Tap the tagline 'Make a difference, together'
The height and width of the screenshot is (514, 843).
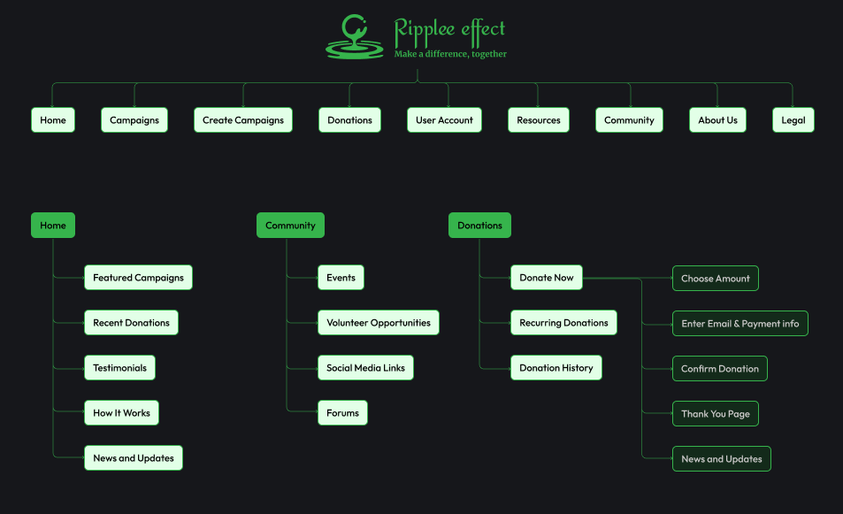tap(450, 54)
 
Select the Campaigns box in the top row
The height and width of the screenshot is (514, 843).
tap(134, 120)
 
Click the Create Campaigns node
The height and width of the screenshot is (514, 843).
tap(243, 120)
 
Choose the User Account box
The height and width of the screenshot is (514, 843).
tap(444, 120)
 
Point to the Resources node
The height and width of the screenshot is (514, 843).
tap(538, 120)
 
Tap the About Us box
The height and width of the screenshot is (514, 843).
tap(717, 120)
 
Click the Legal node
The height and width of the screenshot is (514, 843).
tap(793, 120)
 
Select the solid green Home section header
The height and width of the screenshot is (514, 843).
tap(53, 226)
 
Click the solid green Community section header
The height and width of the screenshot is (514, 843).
tap(290, 226)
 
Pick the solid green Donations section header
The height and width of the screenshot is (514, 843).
tap(479, 226)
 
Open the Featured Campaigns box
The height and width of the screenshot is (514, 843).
tap(138, 278)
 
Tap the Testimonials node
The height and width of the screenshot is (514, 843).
tap(120, 368)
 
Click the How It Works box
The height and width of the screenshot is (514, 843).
tap(121, 413)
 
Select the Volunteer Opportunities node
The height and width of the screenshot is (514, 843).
tap(379, 323)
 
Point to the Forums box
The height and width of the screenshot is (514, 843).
tap(342, 413)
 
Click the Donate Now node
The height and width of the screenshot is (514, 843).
tap(547, 278)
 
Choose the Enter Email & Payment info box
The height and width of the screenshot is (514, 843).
tap(740, 324)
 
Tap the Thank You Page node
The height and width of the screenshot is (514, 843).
tap(715, 414)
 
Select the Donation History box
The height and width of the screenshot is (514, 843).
tap(556, 368)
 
